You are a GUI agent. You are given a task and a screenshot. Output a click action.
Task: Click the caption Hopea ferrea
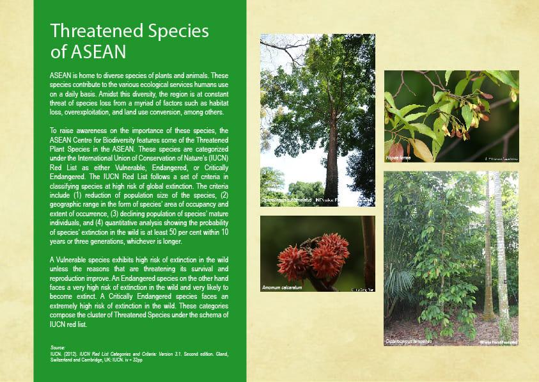[398, 157]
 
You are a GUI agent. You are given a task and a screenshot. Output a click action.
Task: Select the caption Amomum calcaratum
[282, 288]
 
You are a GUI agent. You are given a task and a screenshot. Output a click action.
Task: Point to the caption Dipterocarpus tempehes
[409, 342]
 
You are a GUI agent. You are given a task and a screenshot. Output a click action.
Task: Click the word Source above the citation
[58, 346]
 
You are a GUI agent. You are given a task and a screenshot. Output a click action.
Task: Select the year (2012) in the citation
[74, 353]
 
